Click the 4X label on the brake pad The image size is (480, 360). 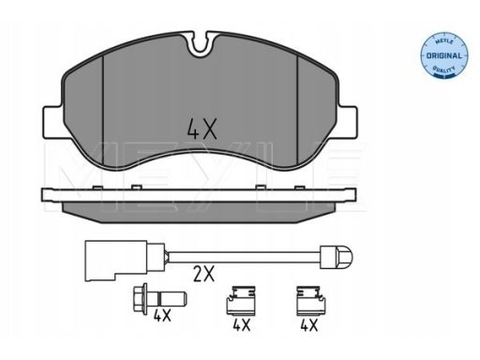tap(202, 128)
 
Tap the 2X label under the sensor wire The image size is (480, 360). tap(203, 274)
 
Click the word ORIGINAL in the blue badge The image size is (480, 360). tap(443, 56)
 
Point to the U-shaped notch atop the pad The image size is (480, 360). tap(202, 46)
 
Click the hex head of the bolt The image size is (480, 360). tap(140, 298)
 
